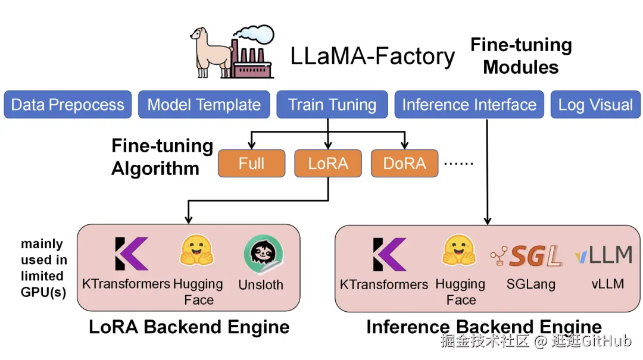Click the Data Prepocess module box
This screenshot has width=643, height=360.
click(x=68, y=105)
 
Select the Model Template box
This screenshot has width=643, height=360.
click(x=204, y=105)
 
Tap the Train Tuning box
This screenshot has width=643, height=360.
click(x=332, y=105)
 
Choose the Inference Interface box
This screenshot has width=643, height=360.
click(x=469, y=105)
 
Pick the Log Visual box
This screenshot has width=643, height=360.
click(x=595, y=105)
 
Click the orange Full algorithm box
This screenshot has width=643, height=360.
click(x=251, y=164)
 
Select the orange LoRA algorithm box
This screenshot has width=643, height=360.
click(x=328, y=164)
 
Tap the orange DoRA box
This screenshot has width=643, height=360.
click(x=405, y=164)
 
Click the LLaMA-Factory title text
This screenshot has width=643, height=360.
click(x=373, y=57)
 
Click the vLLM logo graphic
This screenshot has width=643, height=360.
click(x=604, y=255)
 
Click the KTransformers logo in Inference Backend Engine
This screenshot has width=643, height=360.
click(x=389, y=254)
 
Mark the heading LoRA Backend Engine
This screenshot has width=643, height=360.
click(x=189, y=327)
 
